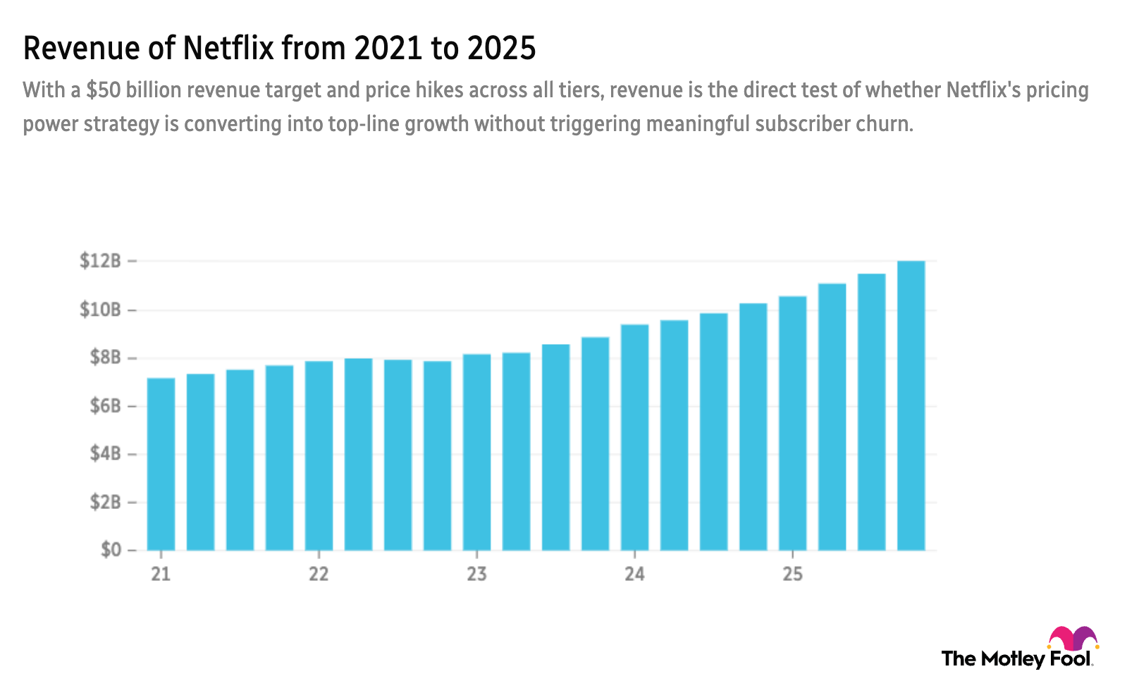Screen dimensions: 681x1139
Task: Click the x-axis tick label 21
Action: pos(161,574)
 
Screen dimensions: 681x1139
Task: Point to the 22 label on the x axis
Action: pos(319,574)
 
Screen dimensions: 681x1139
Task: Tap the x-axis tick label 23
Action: pos(477,574)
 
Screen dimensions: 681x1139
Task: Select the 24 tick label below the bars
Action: pos(634,574)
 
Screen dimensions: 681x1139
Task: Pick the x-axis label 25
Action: pos(792,574)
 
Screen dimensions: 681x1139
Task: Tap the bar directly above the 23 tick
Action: pos(477,451)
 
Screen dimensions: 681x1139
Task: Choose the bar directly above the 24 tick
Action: pos(634,436)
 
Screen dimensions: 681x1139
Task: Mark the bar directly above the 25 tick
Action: pos(792,422)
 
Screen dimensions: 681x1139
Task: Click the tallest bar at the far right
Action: pos(911,405)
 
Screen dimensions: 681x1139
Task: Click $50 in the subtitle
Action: pos(104,90)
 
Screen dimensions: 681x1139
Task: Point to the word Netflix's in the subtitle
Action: pos(982,90)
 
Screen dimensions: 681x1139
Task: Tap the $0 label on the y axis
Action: pos(110,550)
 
